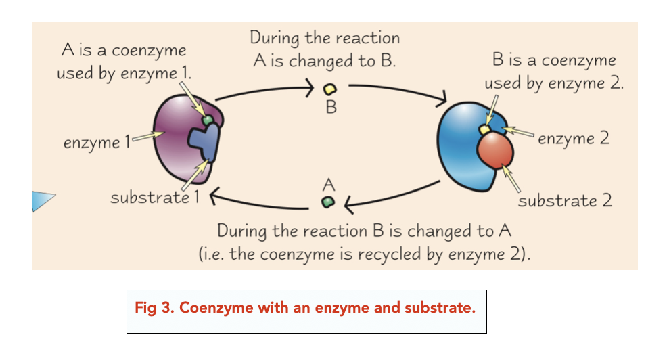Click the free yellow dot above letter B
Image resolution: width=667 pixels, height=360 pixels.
(330, 89)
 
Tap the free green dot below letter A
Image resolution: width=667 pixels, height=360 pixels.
(328, 202)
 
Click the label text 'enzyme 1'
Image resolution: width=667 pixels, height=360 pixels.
(95, 143)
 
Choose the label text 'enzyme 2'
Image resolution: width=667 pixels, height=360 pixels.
(574, 139)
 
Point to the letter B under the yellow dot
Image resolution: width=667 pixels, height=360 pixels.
(330, 107)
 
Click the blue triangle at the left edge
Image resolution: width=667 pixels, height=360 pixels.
(42, 200)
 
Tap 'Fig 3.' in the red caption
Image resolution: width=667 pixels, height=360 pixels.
(152, 308)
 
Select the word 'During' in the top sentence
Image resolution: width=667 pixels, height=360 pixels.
(274, 38)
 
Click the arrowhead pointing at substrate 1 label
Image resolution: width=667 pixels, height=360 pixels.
(212, 198)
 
